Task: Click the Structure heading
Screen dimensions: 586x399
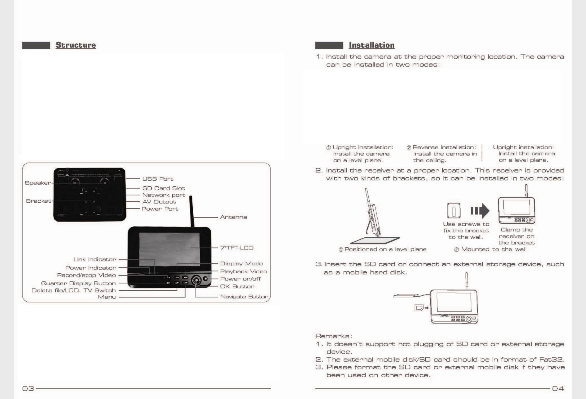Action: pyautogui.click(x=76, y=45)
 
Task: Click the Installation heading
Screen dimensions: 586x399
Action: pyautogui.click(x=371, y=45)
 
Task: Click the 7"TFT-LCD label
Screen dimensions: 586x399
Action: pyautogui.click(x=237, y=248)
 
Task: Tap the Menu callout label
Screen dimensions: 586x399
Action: pyautogui.click(x=107, y=297)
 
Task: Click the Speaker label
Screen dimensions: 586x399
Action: pyautogui.click(x=38, y=183)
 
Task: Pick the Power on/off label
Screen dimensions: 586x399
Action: pyautogui.click(x=240, y=279)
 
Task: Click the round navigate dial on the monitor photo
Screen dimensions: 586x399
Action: pyautogui.click(x=196, y=280)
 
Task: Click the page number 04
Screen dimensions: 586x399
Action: pyautogui.click(x=558, y=388)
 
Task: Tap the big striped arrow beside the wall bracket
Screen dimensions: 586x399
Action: pyautogui.click(x=480, y=211)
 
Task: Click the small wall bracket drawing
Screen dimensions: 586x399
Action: pyautogui.click(x=454, y=211)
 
